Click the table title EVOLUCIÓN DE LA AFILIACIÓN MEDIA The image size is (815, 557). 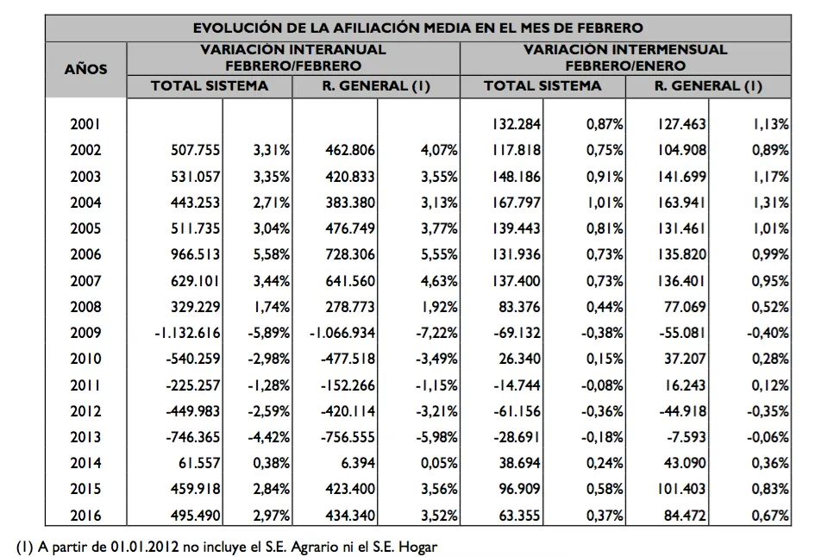click(x=417, y=28)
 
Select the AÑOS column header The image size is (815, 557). click(x=85, y=68)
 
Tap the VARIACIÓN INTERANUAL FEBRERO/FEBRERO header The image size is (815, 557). click(x=292, y=58)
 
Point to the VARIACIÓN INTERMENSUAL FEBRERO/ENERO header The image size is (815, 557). click(x=624, y=58)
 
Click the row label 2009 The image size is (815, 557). click(x=85, y=333)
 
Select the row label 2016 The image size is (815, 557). click(x=85, y=516)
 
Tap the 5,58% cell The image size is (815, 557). click(x=270, y=254)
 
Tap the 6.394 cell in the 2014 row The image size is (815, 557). click(x=357, y=464)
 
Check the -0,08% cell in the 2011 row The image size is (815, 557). click(x=600, y=385)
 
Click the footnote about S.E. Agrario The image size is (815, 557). click(x=233, y=545)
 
